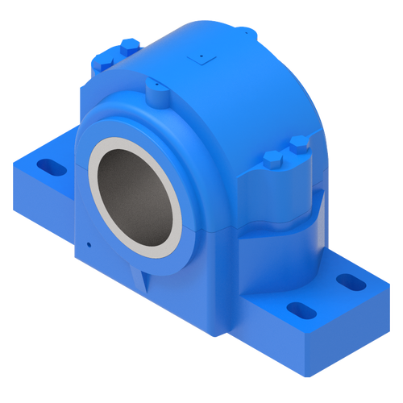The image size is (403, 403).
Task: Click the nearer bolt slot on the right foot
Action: pos(297,310)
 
